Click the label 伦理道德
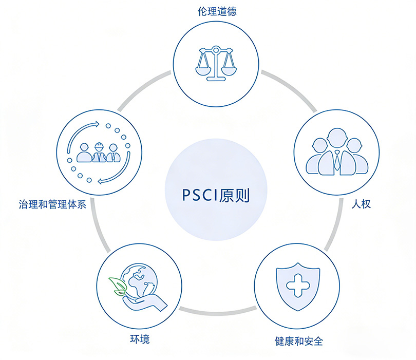point(217,11)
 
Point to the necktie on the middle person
point(336,161)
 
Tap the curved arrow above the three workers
point(84,128)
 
